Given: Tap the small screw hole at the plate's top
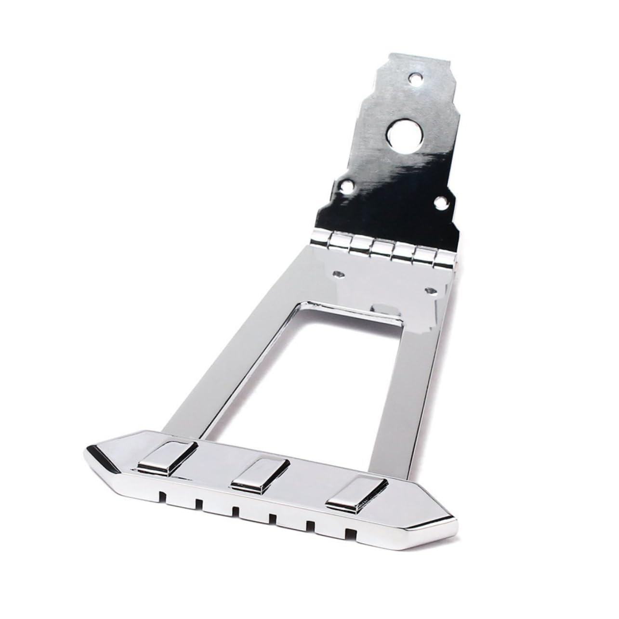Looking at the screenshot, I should tap(415, 77).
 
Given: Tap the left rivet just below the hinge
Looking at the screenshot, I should tap(338, 274).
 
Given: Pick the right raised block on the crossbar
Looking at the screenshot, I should tap(356, 499).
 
